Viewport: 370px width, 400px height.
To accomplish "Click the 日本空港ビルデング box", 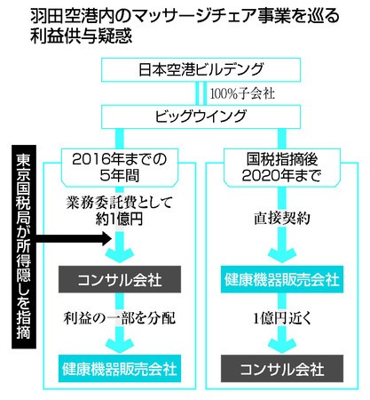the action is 201,69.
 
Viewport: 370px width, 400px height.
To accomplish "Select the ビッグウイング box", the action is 201,116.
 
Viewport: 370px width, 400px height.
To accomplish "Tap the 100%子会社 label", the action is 242,93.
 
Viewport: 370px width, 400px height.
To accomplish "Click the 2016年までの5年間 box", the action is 120,168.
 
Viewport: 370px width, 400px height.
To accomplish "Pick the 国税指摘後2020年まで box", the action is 282,168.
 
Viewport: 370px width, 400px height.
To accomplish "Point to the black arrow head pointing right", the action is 106,238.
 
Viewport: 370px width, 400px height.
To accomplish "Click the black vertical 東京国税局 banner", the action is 24,246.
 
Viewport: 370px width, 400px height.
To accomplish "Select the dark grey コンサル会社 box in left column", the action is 120,279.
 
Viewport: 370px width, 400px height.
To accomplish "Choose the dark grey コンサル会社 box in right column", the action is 282,369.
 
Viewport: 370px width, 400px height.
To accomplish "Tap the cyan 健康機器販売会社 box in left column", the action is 120,369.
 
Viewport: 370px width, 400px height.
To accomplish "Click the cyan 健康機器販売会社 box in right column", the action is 282,279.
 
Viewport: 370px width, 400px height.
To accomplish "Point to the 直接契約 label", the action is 282,219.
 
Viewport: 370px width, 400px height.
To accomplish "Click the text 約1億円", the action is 120,220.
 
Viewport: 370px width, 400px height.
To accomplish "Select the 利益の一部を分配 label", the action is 120,318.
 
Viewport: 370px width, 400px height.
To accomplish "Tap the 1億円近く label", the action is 282,318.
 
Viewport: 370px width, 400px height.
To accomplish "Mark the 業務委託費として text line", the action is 120,203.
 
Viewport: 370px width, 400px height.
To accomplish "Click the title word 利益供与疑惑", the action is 81,36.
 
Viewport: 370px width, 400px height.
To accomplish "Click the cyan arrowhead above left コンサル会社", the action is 120,255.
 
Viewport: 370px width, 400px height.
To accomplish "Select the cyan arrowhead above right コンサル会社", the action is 282,345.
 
